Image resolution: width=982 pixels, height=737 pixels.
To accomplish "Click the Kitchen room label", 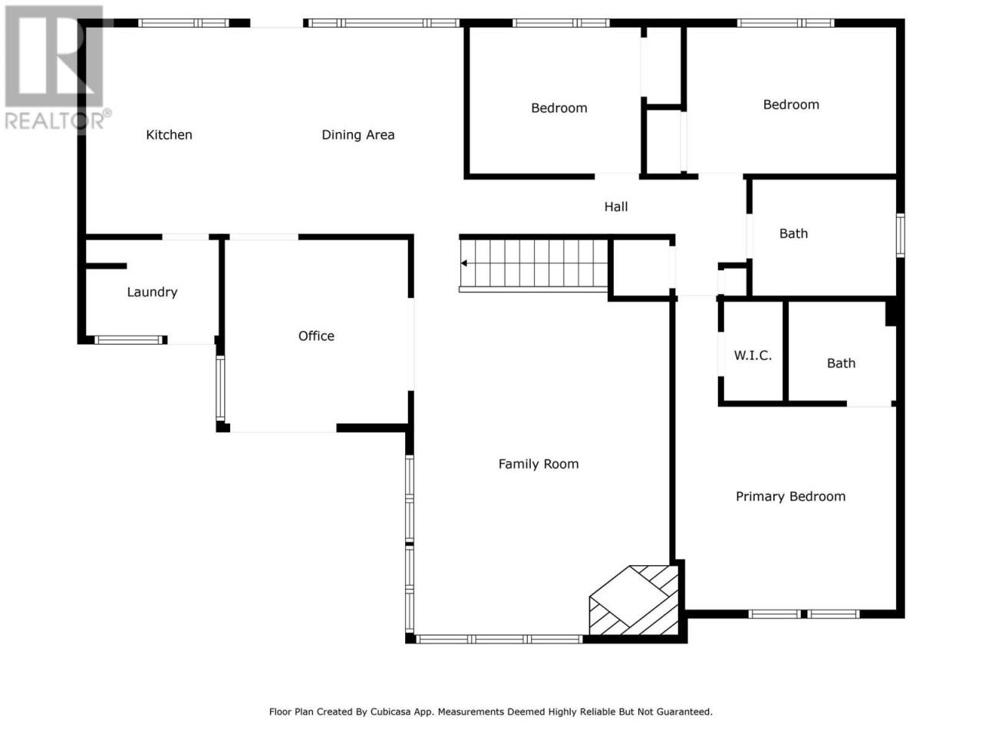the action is pos(169,134).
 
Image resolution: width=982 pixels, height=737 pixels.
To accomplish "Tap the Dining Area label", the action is pos(358,134).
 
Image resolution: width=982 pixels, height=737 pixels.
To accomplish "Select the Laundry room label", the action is pos(152,292).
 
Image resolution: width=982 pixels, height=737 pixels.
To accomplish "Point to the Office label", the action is pos(316,335).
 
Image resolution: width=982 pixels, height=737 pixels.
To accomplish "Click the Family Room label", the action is pos(539,464).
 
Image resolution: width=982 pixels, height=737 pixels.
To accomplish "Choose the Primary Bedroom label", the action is pos(790,496).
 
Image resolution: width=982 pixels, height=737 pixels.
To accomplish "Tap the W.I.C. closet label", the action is pos(753,355).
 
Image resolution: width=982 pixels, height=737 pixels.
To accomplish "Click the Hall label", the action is pos(615,207).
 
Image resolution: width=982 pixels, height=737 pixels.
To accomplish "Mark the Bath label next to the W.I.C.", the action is pos(841,363).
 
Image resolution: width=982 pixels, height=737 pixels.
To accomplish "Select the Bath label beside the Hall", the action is pos(793,233).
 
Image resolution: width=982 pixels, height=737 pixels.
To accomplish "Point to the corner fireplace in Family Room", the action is pos(634,600).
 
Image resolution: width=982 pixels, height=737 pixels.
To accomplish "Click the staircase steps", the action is pos(534,263).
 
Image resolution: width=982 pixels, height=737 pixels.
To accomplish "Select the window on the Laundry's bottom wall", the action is pos(130,339).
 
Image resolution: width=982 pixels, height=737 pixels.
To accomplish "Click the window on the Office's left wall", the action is pos(220,388).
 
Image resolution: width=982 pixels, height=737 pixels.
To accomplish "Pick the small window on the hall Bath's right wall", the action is pos(900,236).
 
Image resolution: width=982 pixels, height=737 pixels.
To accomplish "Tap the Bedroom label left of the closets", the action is pos(559,107).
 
